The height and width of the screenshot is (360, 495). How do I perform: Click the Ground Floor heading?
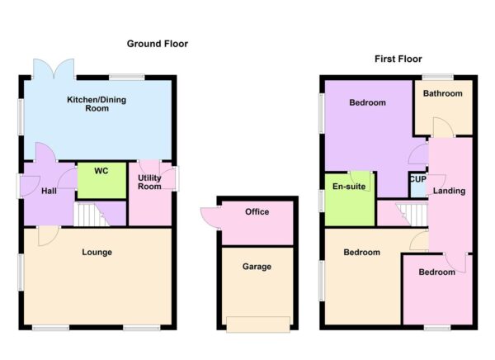[157, 43]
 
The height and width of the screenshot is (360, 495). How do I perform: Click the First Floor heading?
[398, 59]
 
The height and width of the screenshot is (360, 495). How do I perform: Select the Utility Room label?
[149, 182]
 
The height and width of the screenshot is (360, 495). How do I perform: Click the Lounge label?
[97, 252]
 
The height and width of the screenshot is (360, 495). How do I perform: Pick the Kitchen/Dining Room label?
[97, 103]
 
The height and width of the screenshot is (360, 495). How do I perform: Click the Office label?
[257, 212]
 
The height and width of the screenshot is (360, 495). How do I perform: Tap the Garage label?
[257, 267]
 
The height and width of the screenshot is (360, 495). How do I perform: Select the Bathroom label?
[443, 93]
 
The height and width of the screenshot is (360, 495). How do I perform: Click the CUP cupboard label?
[417, 179]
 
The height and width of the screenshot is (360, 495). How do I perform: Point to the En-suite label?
[350, 187]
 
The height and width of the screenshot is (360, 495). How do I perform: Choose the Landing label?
[449, 192]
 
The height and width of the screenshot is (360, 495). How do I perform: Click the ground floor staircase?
[91, 216]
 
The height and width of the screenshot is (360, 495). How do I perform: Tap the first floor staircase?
[413, 214]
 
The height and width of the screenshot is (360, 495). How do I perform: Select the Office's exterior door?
[206, 217]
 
